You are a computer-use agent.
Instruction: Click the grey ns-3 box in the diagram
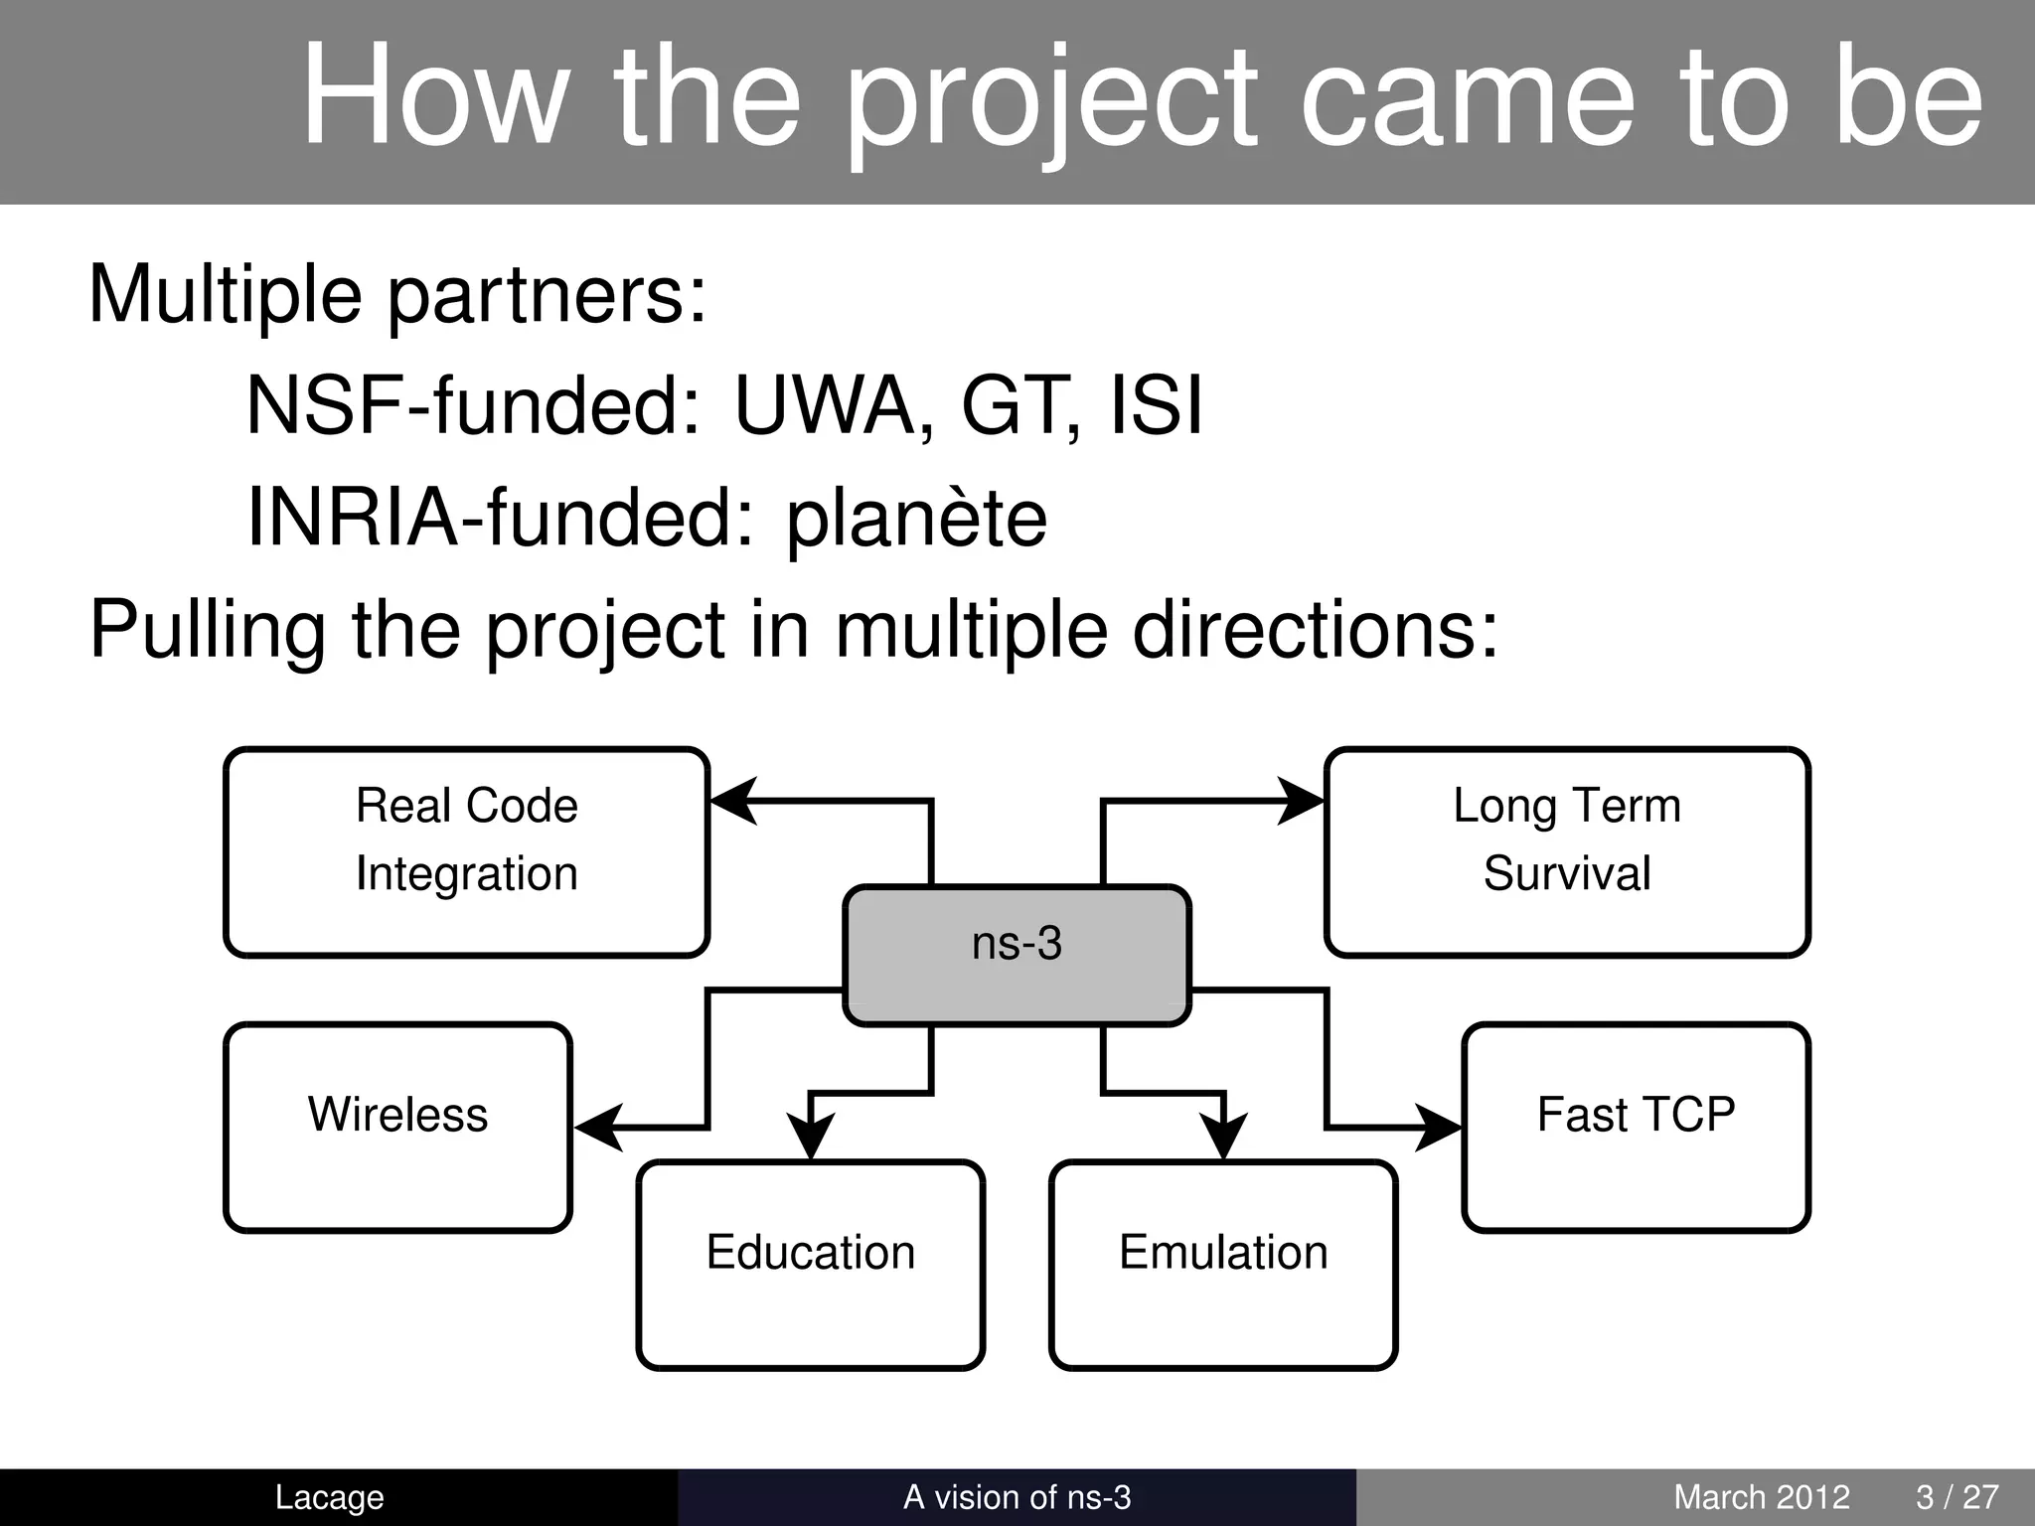pos(1017,954)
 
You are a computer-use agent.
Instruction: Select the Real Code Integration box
pos(467,851)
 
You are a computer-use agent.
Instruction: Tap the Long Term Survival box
pos(1567,851)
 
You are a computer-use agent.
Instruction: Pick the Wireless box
pos(397,1127)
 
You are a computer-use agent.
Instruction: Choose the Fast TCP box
pos(1636,1127)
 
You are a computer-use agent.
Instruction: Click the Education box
pos(810,1264)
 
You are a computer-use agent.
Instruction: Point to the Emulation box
pos(1223,1264)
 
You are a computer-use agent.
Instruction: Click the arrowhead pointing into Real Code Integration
pos(733,800)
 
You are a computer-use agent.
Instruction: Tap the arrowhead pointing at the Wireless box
pos(598,1128)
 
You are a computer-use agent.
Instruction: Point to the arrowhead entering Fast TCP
pos(1439,1128)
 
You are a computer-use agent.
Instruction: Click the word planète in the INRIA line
pos(916,519)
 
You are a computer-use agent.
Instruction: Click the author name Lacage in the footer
pos(329,1497)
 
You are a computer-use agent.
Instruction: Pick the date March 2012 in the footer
pos(1761,1497)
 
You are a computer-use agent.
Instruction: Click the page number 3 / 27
pos(1957,1497)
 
